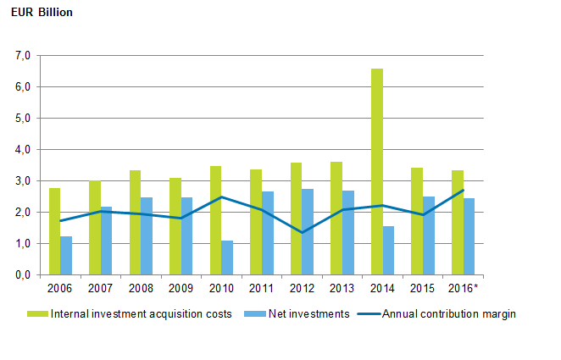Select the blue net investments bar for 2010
[227, 258]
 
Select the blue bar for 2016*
[469, 236]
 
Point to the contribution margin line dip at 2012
[302, 232]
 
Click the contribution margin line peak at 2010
[221, 197]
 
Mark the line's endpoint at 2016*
[463, 191]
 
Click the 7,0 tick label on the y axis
[22, 56]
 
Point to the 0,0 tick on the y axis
[22, 275]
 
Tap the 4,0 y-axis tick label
[22, 150]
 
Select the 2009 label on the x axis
[181, 289]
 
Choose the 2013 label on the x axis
[342, 289]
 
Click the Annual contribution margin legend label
[449, 314]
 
